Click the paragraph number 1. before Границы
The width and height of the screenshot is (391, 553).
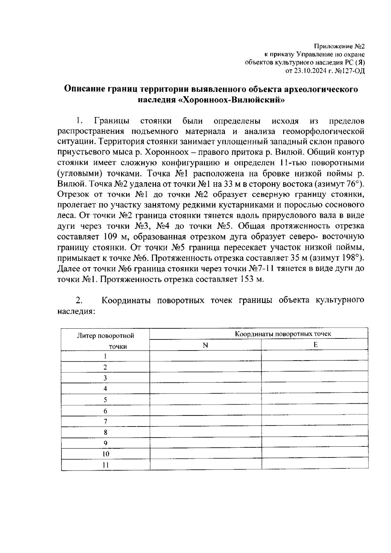[x=80, y=121]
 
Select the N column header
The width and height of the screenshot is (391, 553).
[x=205, y=345]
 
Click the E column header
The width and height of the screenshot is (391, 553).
[x=315, y=345]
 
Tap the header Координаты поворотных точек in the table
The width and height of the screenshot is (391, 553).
[x=283, y=334]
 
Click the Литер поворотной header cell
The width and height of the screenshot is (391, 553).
[x=105, y=336]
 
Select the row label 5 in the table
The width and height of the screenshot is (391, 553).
[x=105, y=400]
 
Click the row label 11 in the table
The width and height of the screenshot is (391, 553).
[x=105, y=465]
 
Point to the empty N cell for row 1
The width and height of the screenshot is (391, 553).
[x=205, y=356]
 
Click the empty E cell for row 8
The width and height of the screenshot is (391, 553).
[x=315, y=432]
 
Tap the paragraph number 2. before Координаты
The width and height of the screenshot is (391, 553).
[x=79, y=300]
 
